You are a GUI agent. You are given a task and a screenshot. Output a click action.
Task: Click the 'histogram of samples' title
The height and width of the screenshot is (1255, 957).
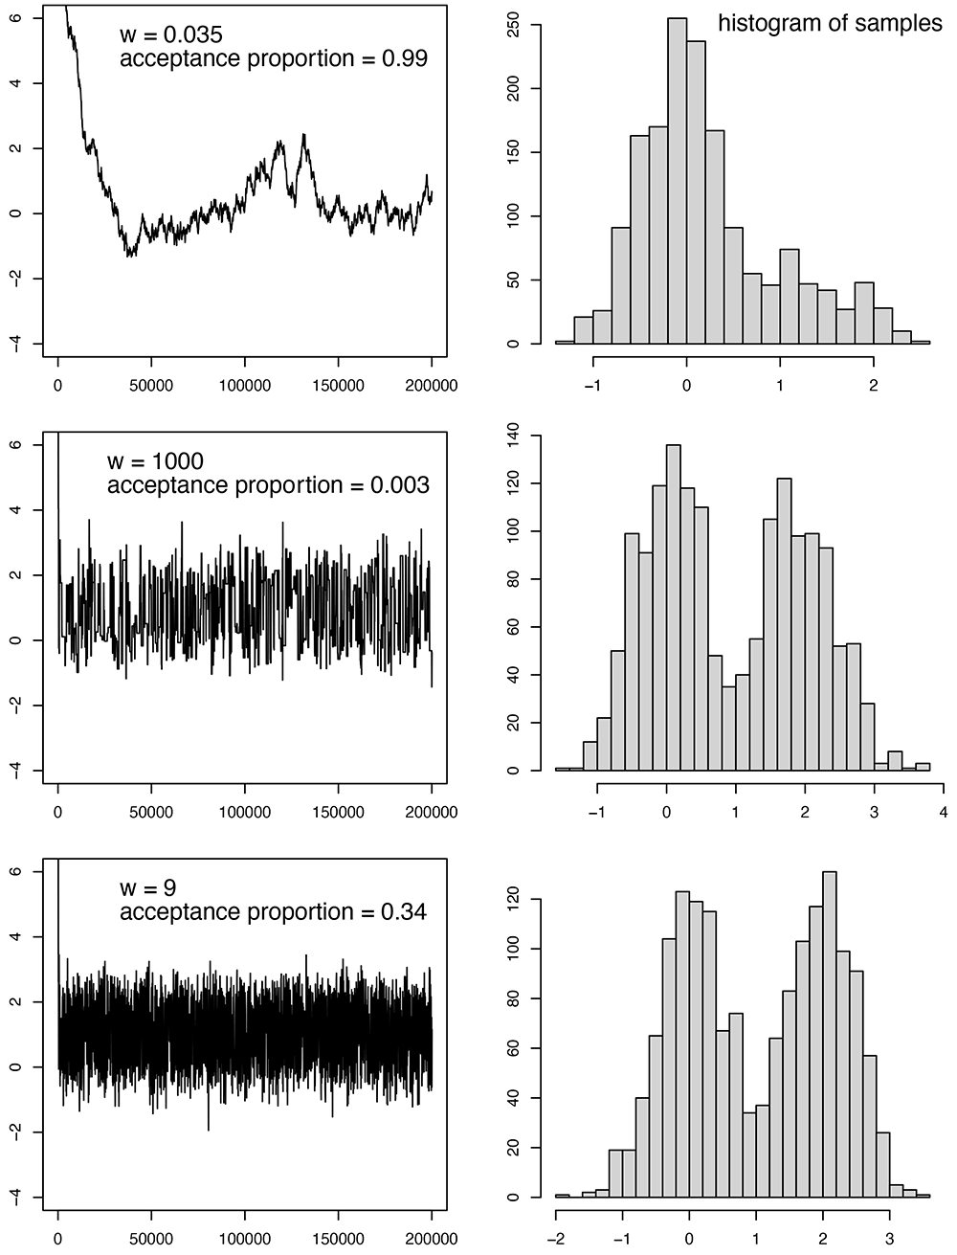tap(830, 23)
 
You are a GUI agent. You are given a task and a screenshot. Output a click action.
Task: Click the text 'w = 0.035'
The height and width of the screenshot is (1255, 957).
tap(171, 34)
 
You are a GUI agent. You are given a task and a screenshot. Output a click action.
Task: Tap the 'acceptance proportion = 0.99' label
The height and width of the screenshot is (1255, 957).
tap(273, 58)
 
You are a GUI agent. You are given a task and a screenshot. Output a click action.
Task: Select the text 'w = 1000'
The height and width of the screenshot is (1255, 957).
tap(155, 461)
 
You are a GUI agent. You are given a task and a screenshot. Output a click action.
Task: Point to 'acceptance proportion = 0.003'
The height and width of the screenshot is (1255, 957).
tap(268, 484)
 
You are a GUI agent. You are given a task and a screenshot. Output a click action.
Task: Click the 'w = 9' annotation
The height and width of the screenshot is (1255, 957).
tap(148, 888)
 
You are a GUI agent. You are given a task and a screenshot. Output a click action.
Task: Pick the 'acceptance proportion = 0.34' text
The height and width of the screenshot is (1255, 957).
tap(273, 911)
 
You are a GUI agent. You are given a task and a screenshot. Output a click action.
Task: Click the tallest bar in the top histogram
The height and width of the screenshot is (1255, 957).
tap(677, 181)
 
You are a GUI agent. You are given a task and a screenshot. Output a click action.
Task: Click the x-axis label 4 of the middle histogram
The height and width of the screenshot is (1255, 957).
tap(944, 812)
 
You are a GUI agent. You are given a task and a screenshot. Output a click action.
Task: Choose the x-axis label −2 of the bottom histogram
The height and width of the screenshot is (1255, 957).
tap(555, 1239)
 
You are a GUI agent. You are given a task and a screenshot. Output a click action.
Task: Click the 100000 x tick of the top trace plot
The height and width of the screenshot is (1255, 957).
tap(245, 386)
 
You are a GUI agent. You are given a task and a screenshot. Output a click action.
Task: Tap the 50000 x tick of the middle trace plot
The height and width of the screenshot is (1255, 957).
tap(151, 812)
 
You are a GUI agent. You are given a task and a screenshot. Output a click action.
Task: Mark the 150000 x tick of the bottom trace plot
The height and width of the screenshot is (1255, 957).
tap(338, 1239)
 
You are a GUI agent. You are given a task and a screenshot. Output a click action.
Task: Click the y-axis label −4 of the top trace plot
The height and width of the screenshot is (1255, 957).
tap(16, 343)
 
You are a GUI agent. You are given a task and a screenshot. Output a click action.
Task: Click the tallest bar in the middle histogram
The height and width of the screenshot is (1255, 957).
tap(674, 608)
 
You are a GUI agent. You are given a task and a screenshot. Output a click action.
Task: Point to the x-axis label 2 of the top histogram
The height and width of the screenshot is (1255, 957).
tap(873, 386)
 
